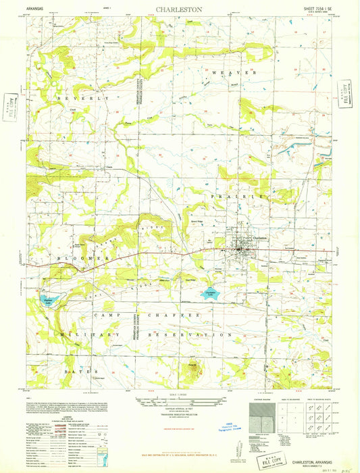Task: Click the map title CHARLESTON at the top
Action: point(180,10)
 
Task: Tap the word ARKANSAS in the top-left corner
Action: point(38,10)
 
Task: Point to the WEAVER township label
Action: point(234,72)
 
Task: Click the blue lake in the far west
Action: point(47,301)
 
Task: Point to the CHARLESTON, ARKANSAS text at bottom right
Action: point(307,443)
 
